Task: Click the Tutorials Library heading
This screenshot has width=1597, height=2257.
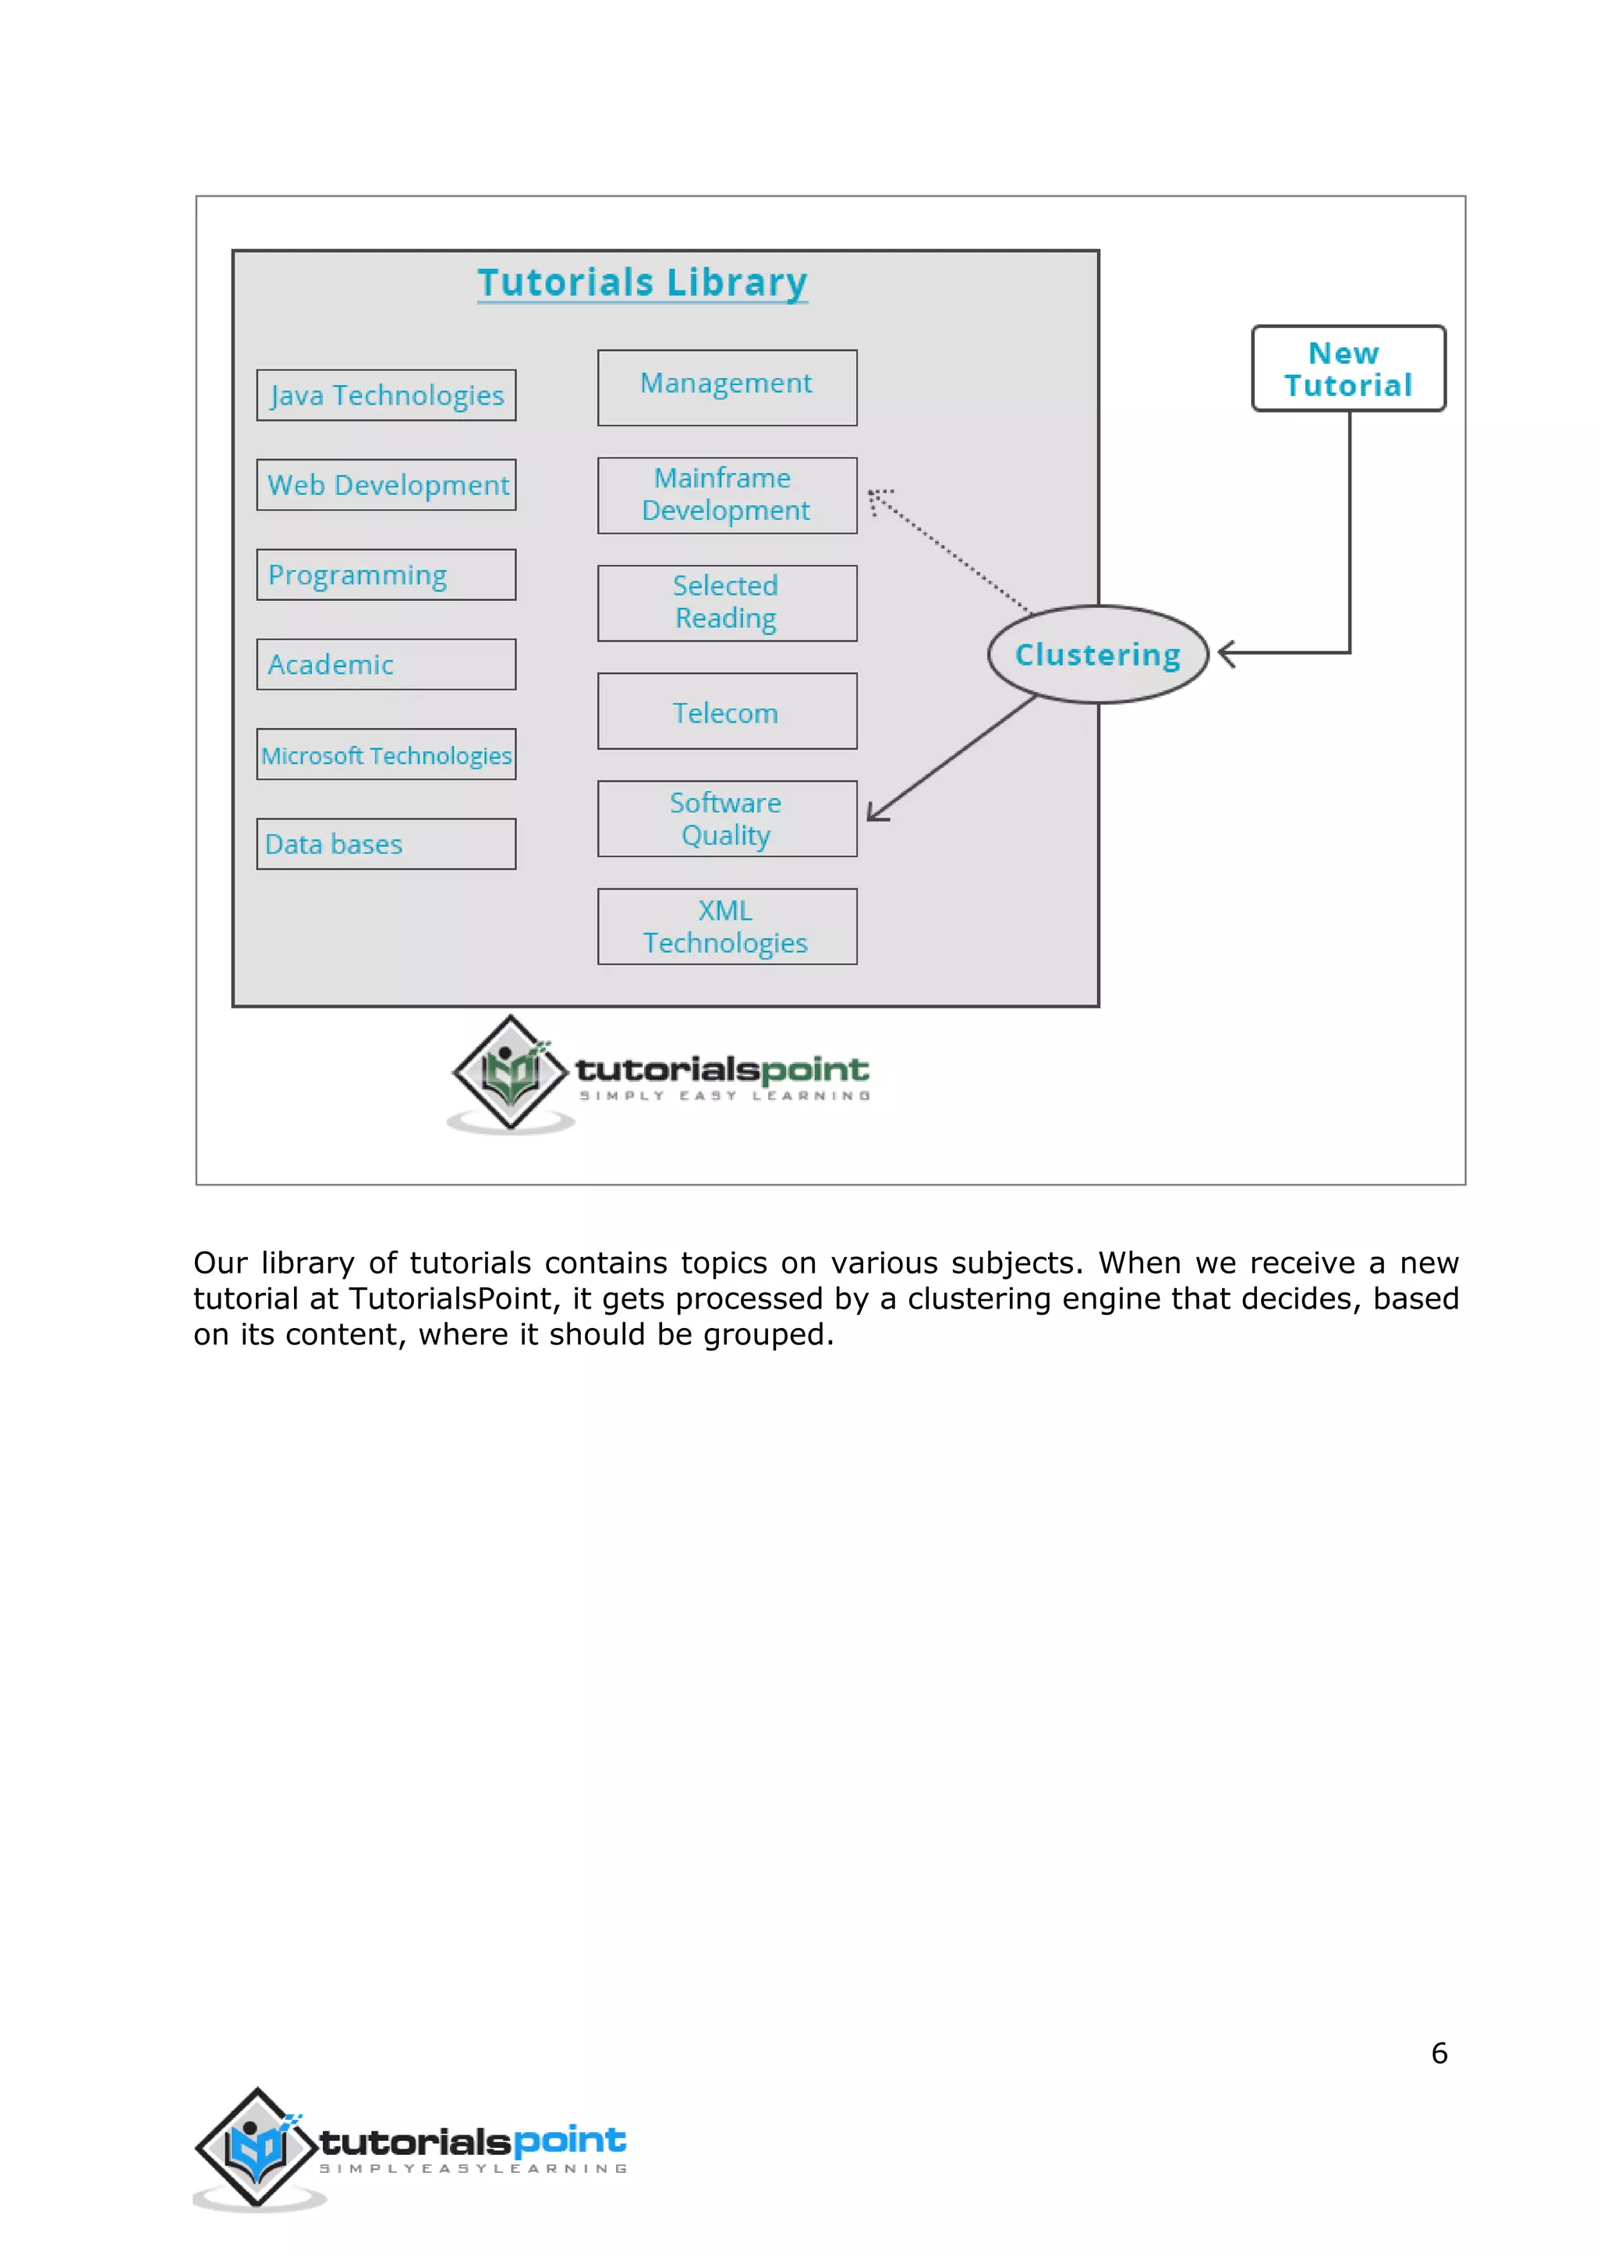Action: coord(642,282)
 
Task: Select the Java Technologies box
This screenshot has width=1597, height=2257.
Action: coord(387,395)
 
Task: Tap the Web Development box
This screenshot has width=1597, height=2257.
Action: coord(387,485)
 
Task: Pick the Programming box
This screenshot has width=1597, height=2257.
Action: coord(387,575)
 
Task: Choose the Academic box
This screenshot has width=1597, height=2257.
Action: coord(387,665)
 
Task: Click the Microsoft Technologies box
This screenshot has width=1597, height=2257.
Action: coord(387,755)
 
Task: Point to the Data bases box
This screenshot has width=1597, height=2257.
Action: coord(387,844)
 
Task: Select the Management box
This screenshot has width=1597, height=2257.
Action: coord(727,387)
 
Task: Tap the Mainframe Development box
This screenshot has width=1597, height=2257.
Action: coord(727,496)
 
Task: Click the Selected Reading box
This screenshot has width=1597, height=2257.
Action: coord(727,602)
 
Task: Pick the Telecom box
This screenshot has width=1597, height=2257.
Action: coord(727,711)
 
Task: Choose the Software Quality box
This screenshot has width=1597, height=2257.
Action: coord(727,819)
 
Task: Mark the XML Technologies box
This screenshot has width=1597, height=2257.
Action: coord(727,927)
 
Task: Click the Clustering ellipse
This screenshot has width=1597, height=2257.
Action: coord(1097,655)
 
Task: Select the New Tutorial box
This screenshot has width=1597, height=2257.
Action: coord(1348,369)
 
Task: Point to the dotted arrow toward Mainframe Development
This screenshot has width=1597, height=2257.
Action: coord(949,550)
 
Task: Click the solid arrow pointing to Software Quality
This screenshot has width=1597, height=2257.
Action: coord(952,758)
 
